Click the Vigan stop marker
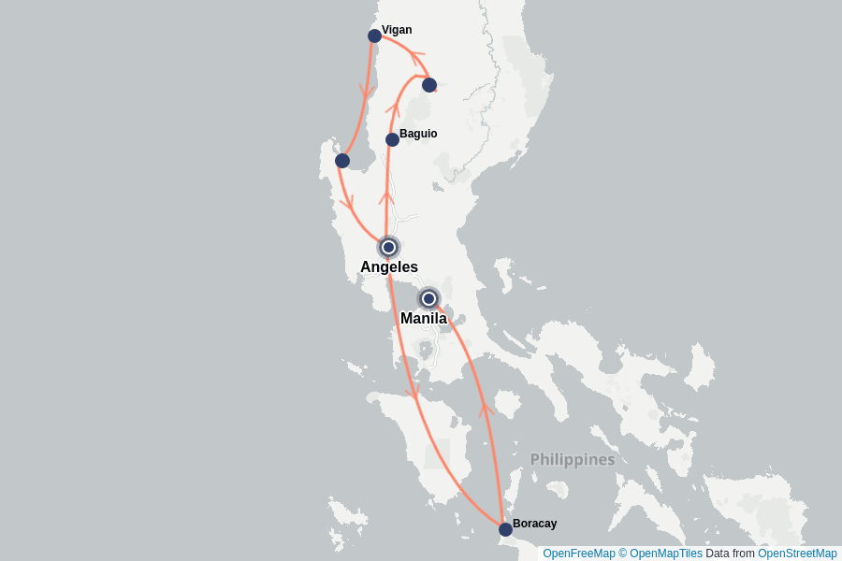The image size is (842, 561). (x=374, y=36)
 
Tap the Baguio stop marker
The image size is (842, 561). (x=392, y=139)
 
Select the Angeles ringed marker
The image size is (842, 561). (x=388, y=248)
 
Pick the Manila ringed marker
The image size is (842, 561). (x=428, y=298)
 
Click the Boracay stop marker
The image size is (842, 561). (x=505, y=529)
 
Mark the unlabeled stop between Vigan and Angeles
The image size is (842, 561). (x=342, y=161)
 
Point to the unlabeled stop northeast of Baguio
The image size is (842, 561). (x=428, y=85)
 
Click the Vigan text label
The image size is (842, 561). (x=397, y=30)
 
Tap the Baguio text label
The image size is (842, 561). (x=418, y=134)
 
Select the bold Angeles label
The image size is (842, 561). (x=389, y=267)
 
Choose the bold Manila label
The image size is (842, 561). (x=424, y=319)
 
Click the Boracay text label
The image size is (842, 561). (x=534, y=524)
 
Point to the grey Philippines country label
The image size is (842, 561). (x=573, y=460)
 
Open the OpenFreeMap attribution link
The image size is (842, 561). (x=579, y=554)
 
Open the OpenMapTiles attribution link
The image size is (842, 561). (x=665, y=554)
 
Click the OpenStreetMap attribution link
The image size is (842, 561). (x=797, y=554)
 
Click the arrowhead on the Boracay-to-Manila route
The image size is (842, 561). (x=485, y=409)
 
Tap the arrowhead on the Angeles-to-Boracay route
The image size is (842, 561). (x=413, y=393)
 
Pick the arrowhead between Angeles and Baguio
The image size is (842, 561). (x=385, y=196)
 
